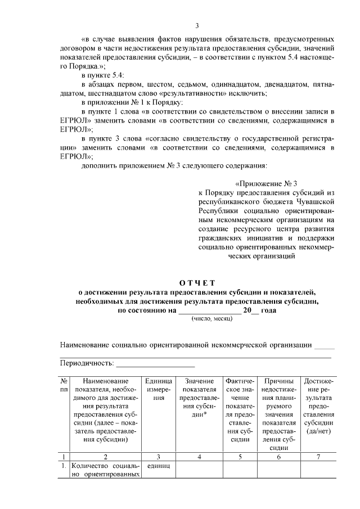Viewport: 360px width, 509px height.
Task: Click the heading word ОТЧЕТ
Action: (x=196, y=282)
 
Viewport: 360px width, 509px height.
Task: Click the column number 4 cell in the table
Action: (x=200, y=456)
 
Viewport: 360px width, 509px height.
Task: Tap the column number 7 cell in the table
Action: (x=318, y=456)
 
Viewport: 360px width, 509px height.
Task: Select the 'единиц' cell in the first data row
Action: (x=159, y=466)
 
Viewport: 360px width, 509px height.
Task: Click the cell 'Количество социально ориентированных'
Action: (x=105, y=470)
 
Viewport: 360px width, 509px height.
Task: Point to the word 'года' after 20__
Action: (x=274, y=310)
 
